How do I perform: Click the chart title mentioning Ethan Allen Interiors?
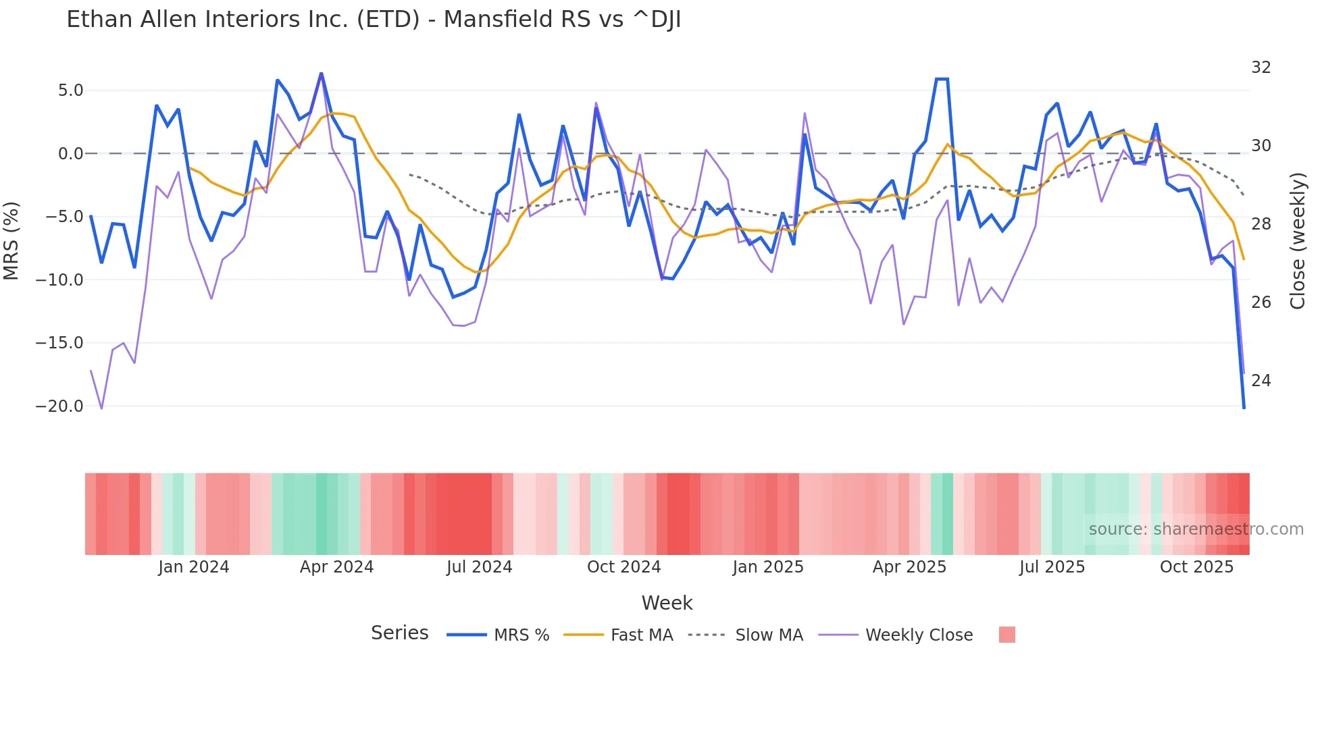374,20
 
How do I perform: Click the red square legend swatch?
1007,635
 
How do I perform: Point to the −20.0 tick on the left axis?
59,406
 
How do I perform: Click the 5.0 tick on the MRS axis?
70,90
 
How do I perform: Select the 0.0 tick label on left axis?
70,154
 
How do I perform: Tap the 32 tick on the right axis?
1261,68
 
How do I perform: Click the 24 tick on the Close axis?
1261,381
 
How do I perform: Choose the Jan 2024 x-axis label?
194,567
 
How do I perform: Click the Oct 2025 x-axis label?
1196,567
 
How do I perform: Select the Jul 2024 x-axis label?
479,567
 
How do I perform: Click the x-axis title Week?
667,603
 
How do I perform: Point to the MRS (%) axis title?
11,241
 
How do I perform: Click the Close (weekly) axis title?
1297,241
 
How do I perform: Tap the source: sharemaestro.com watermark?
1196,529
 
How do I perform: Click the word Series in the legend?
399,633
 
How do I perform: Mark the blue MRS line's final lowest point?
1244,408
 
